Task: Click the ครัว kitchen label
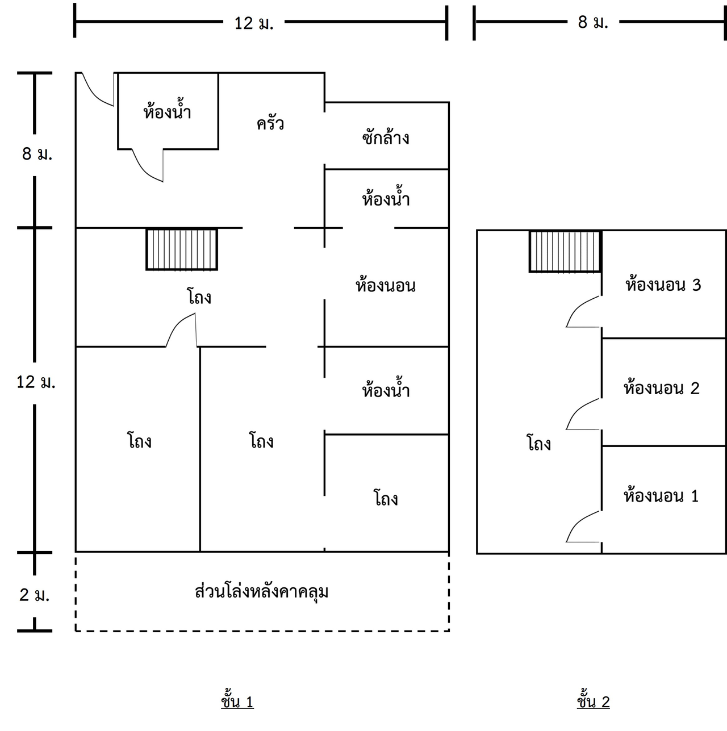coord(270,123)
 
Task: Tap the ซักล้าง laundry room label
coord(386,137)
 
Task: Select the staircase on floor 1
coord(182,249)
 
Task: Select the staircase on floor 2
coord(565,251)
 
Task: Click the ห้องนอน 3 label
coord(663,285)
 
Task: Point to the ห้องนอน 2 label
coord(661,388)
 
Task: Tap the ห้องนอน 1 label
coord(661,496)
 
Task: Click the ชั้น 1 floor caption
coord(237,702)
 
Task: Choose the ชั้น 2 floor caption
coord(593,702)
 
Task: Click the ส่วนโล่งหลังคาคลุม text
coord(262,592)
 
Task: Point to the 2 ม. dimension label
coord(35,595)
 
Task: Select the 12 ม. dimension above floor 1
coord(254,23)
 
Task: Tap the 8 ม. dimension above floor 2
coord(593,23)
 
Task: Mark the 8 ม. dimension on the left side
coord(37,154)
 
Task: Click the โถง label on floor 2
coord(538,443)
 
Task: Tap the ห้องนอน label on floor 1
coord(386,285)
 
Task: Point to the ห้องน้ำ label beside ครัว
coord(167,111)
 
